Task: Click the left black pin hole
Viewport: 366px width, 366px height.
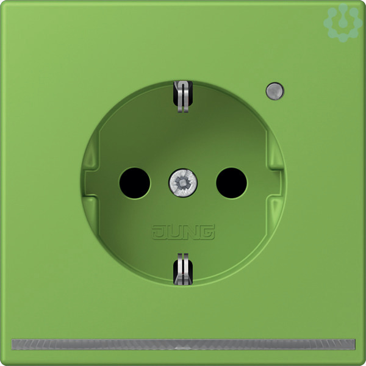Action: click(135, 183)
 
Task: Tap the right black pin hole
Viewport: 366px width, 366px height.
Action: click(231, 183)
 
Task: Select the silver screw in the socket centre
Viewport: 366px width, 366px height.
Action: click(183, 182)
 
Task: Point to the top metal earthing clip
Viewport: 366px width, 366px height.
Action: click(183, 96)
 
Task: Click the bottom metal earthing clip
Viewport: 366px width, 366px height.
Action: click(183, 269)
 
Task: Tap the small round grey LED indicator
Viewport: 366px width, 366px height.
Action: click(275, 91)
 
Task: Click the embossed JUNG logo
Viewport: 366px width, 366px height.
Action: click(183, 232)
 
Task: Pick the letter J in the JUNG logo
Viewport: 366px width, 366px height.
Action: click(159, 232)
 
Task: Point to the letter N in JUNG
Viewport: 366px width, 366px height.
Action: click(190, 232)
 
